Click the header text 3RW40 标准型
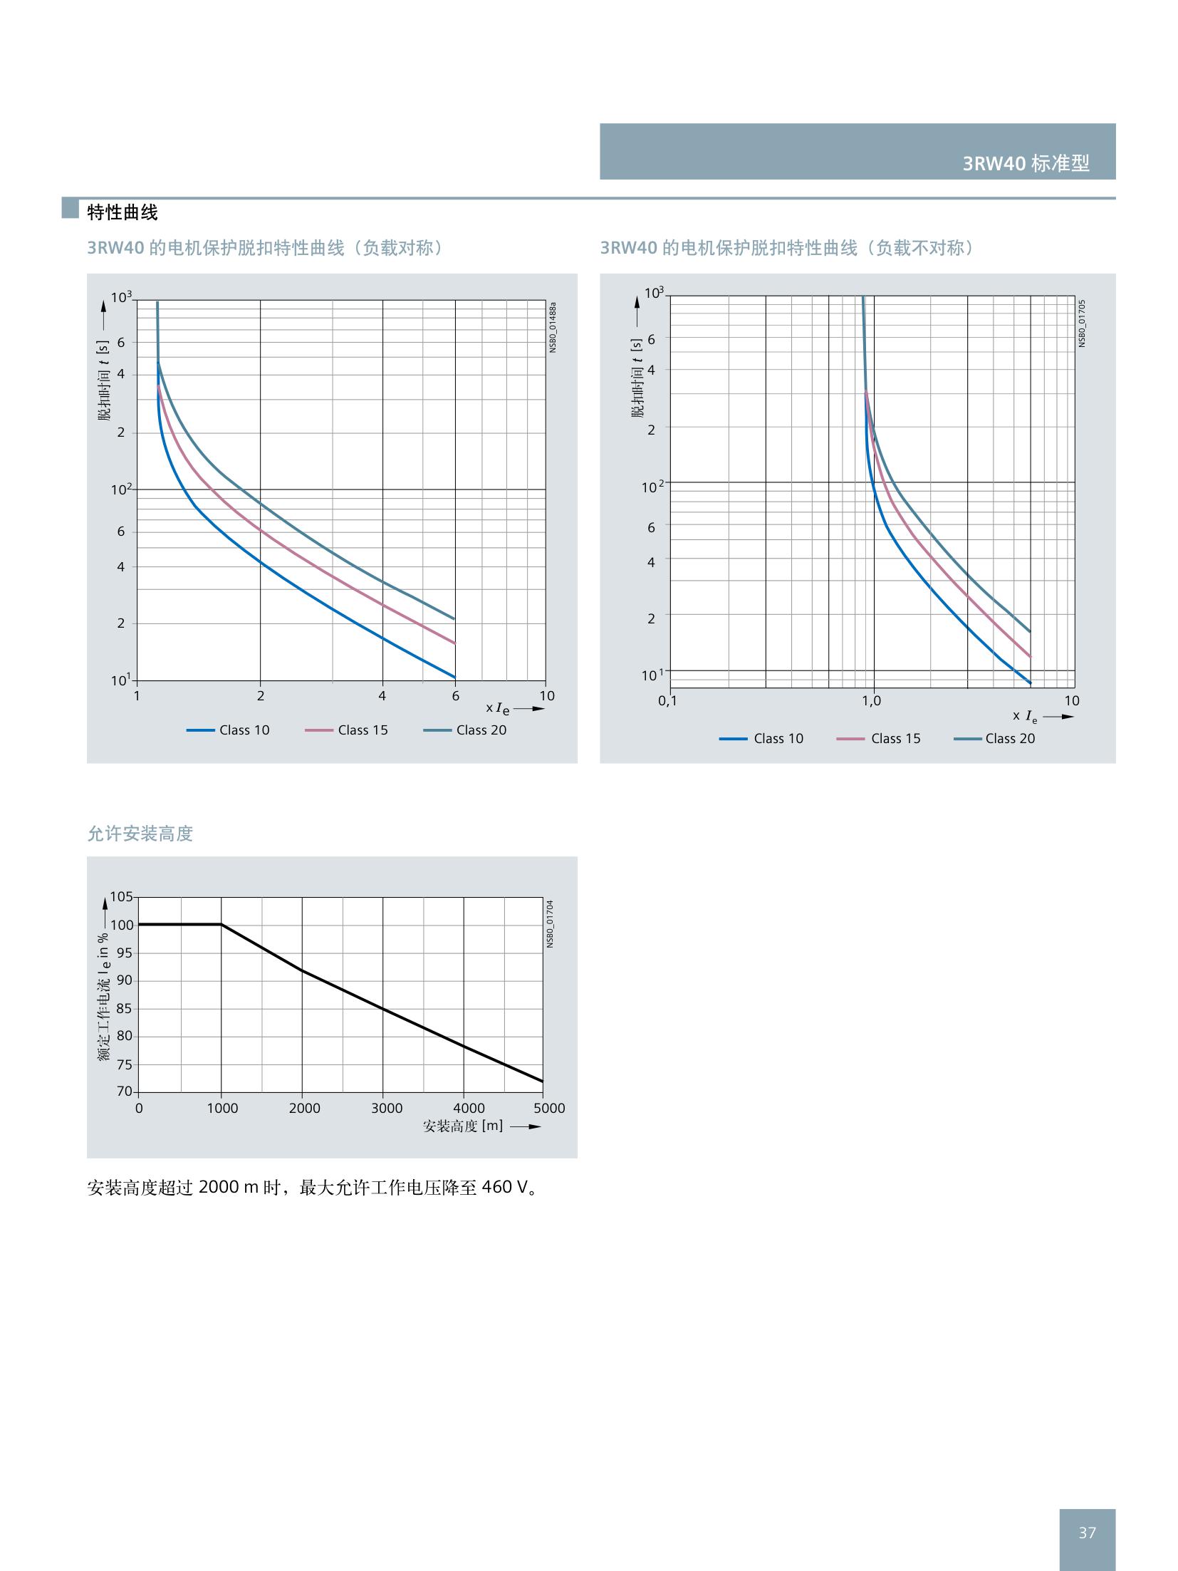point(1026,163)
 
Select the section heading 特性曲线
point(122,212)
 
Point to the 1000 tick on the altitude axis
point(222,1108)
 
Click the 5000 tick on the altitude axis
point(549,1108)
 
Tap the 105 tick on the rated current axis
point(122,896)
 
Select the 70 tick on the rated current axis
point(125,1091)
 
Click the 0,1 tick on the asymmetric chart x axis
point(668,700)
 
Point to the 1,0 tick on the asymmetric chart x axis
point(871,700)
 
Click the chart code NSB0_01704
point(550,924)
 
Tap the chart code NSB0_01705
point(1081,323)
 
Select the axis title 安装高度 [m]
point(463,1126)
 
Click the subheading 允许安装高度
point(140,833)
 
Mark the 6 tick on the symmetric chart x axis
point(455,695)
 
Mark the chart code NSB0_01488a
point(553,327)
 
